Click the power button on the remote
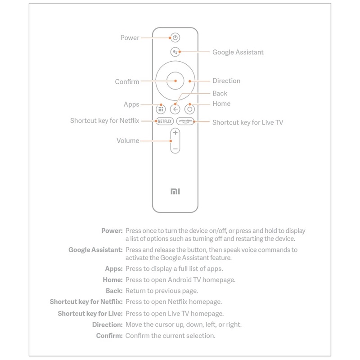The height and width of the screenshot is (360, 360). [x=175, y=38]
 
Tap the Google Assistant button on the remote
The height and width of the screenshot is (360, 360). [x=175, y=52]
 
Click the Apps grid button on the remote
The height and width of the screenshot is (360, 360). [x=161, y=108]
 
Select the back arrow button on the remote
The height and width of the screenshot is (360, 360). [x=175, y=108]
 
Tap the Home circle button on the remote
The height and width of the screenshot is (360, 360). [x=190, y=108]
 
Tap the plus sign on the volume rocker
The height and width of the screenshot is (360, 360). [x=175, y=133]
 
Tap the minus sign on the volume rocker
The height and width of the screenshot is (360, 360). [x=175, y=148]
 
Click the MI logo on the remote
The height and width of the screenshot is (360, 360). [x=175, y=191]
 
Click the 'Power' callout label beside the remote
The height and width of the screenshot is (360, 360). [x=130, y=38]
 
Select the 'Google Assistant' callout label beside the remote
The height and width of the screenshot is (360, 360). [x=238, y=52]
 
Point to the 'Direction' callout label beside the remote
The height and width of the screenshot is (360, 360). [x=226, y=81]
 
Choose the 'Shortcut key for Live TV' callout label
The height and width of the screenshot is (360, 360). [x=247, y=121]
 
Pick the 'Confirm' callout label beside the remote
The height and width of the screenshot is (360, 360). [x=127, y=81]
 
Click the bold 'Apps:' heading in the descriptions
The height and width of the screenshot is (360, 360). [x=113, y=269]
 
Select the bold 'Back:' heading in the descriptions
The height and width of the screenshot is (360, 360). [x=113, y=291]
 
